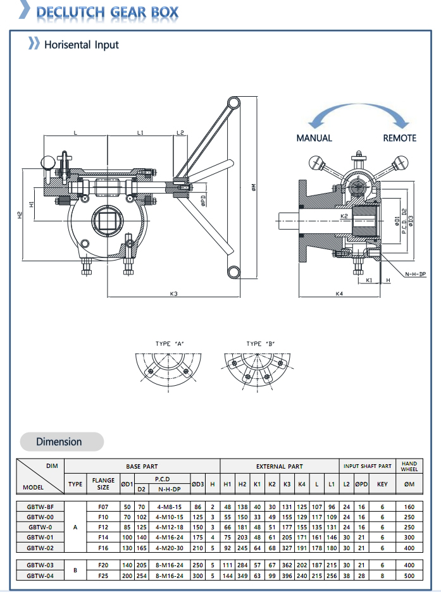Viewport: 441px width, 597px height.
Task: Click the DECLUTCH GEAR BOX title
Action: point(108,12)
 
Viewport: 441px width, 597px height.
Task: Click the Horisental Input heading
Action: point(81,45)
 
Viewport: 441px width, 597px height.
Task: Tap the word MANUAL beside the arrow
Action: point(314,138)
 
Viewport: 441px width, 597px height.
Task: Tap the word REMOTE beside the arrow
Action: point(399,138)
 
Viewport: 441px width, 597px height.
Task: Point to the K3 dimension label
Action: point(173,293)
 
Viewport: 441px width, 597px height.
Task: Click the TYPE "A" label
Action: point(170,343)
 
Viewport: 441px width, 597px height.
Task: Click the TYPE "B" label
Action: point(260,343)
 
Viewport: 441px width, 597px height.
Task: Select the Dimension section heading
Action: point(59,441)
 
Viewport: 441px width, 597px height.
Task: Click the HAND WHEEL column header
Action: point(409,467)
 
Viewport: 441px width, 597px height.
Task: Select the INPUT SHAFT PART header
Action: point(368,467)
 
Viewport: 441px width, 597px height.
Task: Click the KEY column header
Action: point(382,484)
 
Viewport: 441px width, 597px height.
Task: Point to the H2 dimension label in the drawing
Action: point(20,214)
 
